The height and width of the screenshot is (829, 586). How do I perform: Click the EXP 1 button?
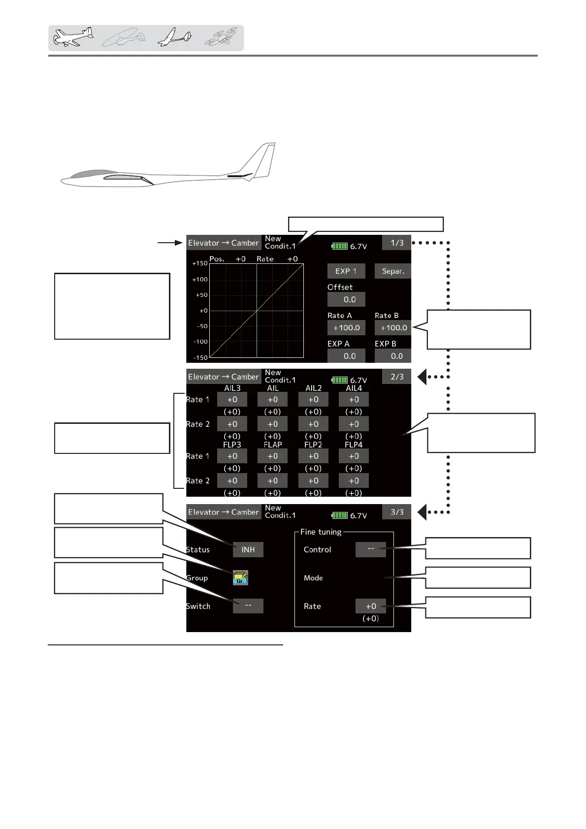346,271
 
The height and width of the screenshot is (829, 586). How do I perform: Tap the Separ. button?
392,271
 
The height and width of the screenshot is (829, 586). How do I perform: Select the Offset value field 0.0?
346,299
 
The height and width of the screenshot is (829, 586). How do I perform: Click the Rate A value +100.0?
346,328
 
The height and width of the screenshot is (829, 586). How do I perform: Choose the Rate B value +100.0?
393,328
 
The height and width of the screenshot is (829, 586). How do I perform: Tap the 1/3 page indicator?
396,243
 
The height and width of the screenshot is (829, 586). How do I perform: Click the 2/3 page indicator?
396,377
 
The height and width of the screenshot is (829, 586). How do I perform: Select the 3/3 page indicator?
396,512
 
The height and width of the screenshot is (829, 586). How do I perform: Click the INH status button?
248,549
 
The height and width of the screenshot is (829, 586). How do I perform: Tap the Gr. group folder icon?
240,578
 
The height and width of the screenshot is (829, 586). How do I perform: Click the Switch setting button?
248,606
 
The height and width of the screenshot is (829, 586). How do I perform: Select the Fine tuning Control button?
370,549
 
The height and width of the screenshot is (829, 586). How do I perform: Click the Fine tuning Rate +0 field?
370,606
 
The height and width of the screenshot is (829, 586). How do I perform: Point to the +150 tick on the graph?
200,263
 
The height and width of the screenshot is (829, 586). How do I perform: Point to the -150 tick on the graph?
200,357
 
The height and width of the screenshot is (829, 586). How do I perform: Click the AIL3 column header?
232,388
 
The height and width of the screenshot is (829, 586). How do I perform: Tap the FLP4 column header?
354,445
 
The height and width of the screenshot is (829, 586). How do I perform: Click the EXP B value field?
393,356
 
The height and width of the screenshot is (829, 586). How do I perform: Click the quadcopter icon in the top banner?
221,37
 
